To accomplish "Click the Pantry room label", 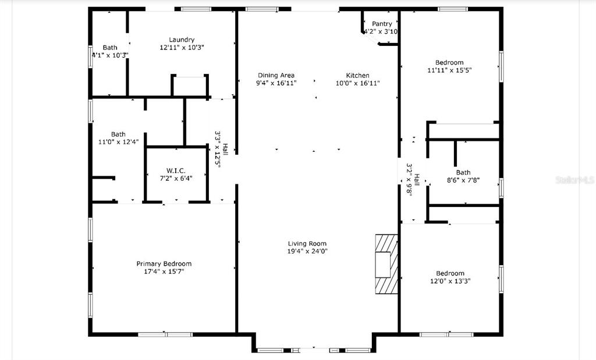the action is click(382, 24).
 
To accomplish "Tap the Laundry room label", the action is click(182, 40).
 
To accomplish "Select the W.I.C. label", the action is click(176, 170).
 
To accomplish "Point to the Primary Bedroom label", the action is click(164, 263).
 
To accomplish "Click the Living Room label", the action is click(307, 244).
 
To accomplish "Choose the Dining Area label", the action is click(276, 76).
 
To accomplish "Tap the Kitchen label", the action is click(357, 76).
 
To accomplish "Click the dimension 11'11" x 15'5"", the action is click(449, 70).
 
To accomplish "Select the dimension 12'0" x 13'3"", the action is click(450, 281).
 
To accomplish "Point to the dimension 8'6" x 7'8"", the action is click(463, 180).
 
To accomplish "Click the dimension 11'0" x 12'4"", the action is click(118, 142).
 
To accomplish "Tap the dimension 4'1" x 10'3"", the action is click(110, 55).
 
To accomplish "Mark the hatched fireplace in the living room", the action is click(386, 264).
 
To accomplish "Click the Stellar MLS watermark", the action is click(574, 180).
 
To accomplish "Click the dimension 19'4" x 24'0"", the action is click(307, 251).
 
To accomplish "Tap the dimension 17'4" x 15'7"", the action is click(164, 272).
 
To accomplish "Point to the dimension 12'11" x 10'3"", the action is click(182, 48).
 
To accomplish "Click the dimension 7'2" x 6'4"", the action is click(176, 178).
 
